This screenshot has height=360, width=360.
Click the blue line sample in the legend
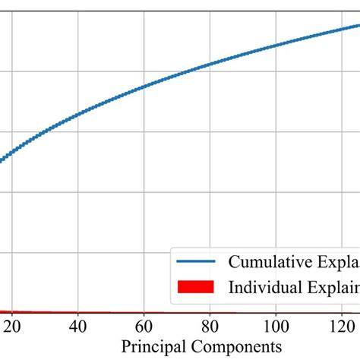(196, 262)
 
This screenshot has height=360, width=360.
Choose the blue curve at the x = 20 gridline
(14, 151)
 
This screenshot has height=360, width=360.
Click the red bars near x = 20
(14, 311)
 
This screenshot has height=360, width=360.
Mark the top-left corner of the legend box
(170, 246)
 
